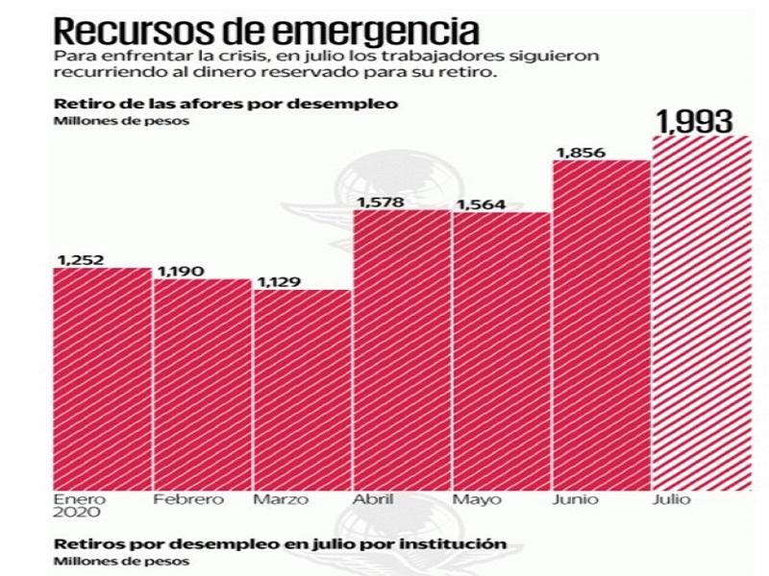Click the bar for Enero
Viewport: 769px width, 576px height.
coord(103,379)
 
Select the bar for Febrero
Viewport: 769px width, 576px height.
coord(203,385)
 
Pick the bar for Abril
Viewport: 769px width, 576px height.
coord(402,350)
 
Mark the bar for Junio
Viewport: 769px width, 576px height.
coord(602,325)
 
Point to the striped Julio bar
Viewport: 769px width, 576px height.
coord(702,313)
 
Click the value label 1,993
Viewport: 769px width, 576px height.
coord(694,121)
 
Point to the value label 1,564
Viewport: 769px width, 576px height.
coord(477,204)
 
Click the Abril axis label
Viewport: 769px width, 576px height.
coord(373,499)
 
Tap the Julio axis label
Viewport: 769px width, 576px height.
coord(669,499)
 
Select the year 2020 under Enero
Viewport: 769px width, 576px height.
coord(73,514)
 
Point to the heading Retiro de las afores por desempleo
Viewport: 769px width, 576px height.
coord(226,103)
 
